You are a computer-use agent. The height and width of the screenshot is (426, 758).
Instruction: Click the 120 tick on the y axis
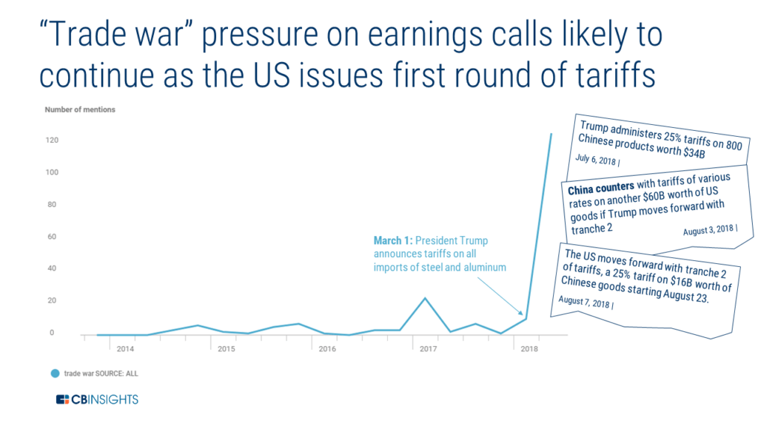point(52,140)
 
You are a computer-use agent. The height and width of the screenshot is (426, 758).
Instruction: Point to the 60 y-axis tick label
point(52,237)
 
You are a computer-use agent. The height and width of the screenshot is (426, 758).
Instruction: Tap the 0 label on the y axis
point(52,332)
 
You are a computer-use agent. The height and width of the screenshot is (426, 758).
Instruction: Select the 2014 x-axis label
point(125,349)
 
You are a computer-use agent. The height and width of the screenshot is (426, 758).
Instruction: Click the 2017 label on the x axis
point(428,349)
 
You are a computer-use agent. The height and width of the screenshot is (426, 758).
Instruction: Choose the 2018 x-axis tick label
point(529,349)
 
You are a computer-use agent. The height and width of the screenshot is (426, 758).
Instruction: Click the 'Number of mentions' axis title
point(80,109)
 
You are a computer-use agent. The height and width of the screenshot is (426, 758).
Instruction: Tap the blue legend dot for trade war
point(55,373)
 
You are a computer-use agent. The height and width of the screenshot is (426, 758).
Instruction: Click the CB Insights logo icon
point(62,399)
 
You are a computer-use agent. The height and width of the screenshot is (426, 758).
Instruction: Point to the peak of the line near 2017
point(425,298)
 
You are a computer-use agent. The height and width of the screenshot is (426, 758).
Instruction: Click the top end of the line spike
point(551,134)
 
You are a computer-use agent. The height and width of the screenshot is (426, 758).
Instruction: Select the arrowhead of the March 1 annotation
point(520,313)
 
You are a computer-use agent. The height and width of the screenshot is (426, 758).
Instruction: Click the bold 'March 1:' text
point(393,240)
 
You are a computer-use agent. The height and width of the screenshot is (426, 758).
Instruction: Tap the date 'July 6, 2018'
point(596,160)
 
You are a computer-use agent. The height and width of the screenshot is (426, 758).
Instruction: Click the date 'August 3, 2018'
point(708,230)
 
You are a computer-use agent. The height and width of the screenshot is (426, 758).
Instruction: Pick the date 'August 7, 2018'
point(583,302)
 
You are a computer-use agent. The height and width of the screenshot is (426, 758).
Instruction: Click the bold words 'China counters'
point(601,187)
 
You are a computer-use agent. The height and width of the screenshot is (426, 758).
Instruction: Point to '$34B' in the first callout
point(694,152)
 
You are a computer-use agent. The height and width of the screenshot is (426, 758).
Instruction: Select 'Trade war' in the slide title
point(117,35)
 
